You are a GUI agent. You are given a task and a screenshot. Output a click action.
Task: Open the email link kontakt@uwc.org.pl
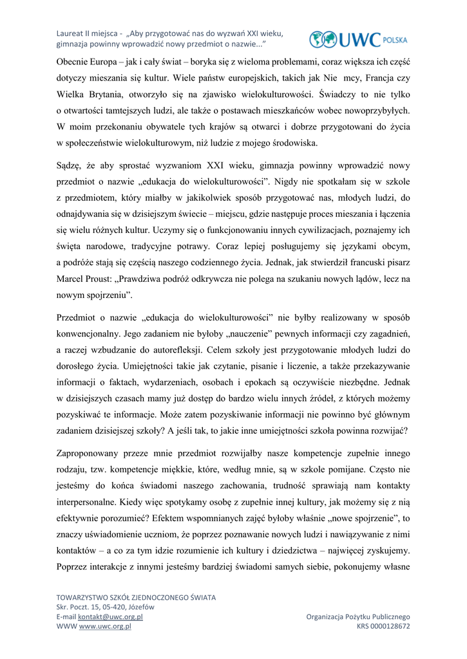pos(110,617)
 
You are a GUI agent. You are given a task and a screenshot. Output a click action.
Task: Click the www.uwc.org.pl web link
pos(105,626)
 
